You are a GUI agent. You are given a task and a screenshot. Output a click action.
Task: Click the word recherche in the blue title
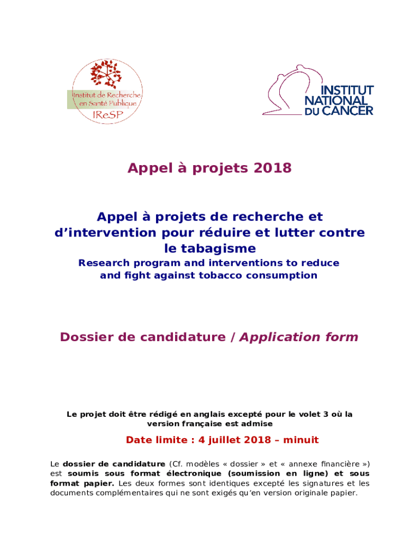(262, 217)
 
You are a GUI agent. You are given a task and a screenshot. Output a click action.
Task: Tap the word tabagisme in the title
(209, 248)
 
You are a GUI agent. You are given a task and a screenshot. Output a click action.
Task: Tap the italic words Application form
(299, 337)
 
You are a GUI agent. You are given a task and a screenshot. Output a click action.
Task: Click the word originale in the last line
(310, 493)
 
